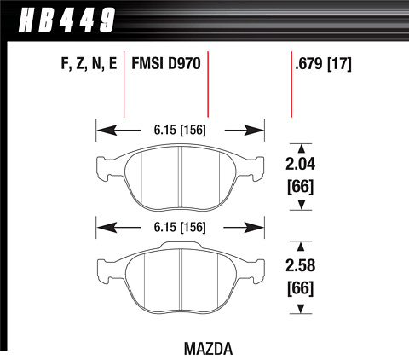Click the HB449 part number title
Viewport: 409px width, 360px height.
67,20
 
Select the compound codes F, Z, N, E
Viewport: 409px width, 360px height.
89,63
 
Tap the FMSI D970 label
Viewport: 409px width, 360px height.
166,63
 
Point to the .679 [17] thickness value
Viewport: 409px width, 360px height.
323,64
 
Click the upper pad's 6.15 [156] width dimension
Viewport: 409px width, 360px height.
180,131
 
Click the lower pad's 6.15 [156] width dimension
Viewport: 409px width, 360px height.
180,227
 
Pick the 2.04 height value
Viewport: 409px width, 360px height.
300,165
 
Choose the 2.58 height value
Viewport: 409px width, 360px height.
300,265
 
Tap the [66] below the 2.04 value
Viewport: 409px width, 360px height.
300,187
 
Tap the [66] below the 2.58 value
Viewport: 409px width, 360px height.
300,288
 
